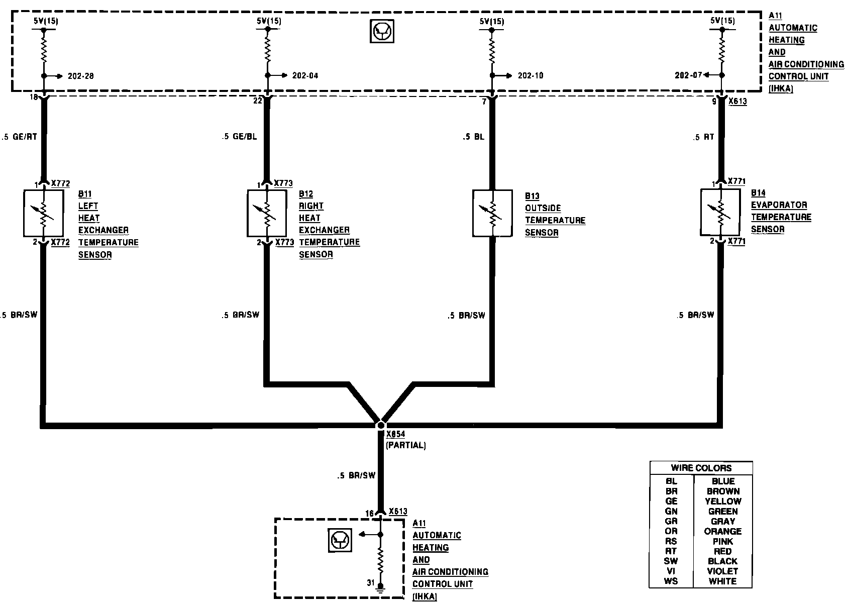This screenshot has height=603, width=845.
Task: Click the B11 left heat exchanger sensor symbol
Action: point(43,213)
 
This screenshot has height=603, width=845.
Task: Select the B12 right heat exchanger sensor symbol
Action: point(267,213)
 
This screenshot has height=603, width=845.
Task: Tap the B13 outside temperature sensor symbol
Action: point(492,213)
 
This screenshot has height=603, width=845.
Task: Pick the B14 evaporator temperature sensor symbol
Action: point(720,212)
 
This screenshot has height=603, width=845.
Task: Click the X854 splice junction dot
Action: point(381,425)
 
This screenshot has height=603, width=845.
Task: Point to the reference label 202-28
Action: point(80,76)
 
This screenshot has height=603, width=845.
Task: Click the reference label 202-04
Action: point(305,76)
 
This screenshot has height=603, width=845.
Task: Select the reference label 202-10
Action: point(530,76)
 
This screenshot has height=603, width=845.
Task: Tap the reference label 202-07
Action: point(688,75)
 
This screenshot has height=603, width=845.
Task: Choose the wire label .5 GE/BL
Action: point(239,137)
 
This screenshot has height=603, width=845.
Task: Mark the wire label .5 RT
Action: point(703,137)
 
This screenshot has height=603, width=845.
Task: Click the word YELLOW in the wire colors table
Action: point(723,501)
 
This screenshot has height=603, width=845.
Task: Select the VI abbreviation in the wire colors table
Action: point(671,571)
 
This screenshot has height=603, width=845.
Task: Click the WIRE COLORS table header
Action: point(701,468)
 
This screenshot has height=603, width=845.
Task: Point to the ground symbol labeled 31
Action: point(380,586)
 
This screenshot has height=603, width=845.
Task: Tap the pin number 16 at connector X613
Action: point(370,514)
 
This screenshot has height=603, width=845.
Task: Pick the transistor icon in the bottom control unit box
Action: point(340,540)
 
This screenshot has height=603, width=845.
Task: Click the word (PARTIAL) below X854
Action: point(405,445)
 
